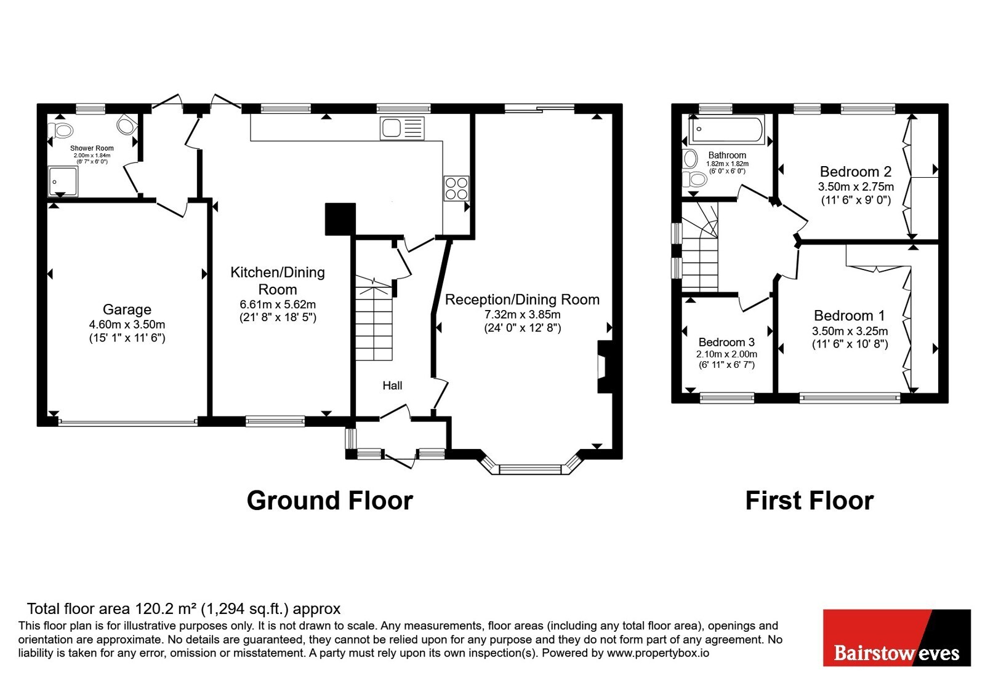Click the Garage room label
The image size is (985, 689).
click(127, 309)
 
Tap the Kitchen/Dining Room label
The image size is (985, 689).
click(278, 281)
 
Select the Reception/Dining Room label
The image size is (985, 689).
click(523, 300)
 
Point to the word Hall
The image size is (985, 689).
click(392, 385)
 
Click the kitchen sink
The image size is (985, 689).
click(402, 129)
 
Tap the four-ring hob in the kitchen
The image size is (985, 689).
click(456, 188)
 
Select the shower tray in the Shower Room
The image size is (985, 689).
click(63, 181)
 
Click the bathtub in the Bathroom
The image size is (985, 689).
click(727, 129)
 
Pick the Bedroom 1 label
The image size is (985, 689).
click(849, 316)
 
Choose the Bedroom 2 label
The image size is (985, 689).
click(855, 171)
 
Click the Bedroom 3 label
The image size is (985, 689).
click(726, 342)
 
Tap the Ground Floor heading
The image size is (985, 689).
click(330, 500)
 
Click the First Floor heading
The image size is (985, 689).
click(810, 501)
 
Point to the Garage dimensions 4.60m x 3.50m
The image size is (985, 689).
click(127, 325)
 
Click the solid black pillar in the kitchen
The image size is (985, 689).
click(340, 219)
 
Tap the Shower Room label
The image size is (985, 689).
click(92, 148)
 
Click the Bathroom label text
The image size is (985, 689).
click(727, 155)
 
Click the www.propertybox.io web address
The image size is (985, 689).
click(658, 653)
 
